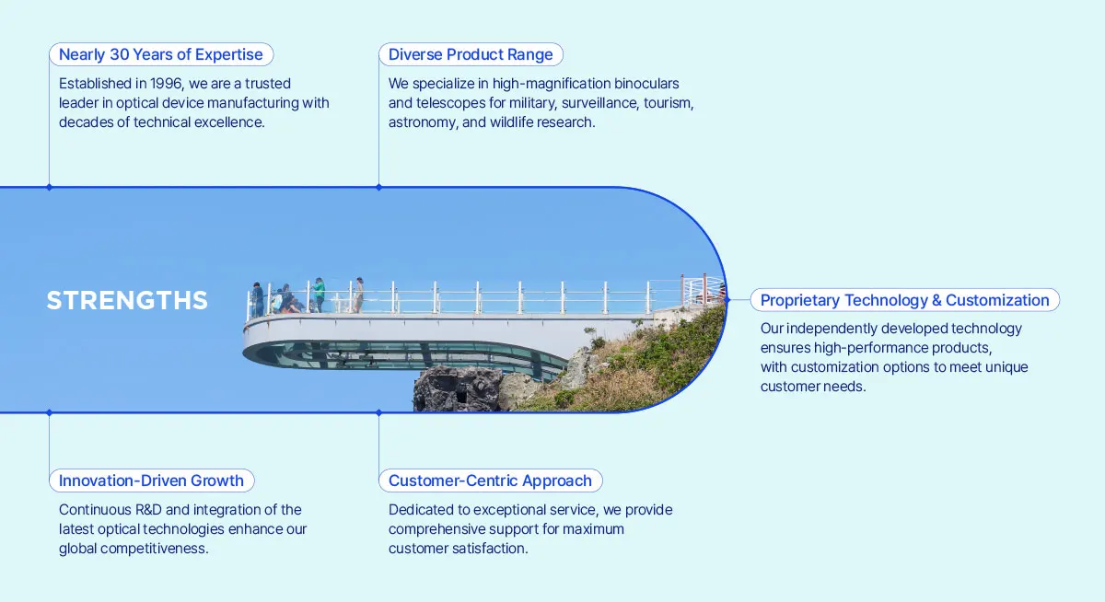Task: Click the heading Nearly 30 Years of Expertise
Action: [161, 54]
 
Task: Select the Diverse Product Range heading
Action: [471, 54]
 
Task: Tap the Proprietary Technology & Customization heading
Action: [904, 300]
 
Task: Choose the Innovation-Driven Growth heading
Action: [151, 480]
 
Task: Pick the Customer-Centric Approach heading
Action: [490, 480]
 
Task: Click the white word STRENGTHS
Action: [127, 301]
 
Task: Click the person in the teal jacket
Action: [319, 293]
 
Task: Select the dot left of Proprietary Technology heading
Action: [727, 300]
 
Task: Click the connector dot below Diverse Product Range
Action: [378, 187]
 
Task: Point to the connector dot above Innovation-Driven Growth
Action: [49, 413]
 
